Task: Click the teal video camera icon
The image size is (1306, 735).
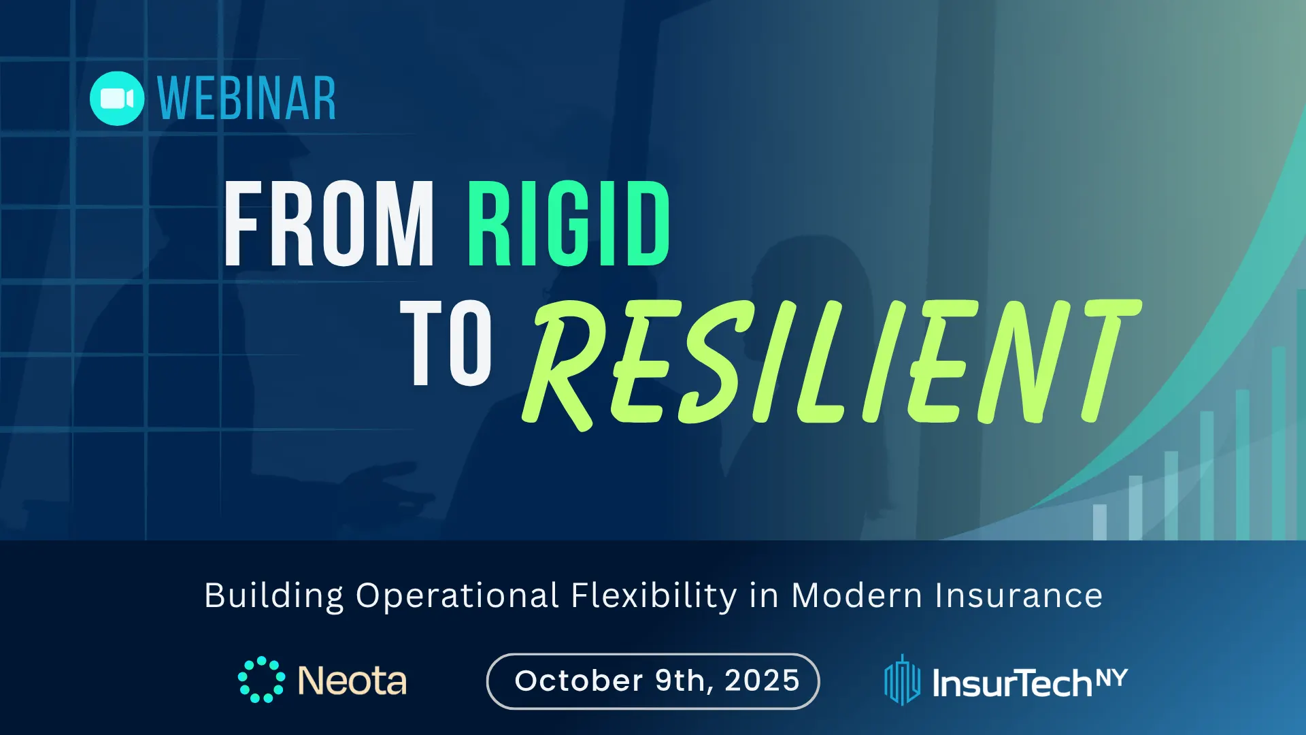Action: click(117, 99)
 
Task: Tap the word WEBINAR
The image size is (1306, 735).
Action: click(247, 99)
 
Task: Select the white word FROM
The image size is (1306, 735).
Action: click(329, 224)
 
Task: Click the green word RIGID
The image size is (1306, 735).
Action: click(569, 224)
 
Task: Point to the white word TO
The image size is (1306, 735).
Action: click(446, 343)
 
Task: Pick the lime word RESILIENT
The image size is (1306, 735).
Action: click(831, 363)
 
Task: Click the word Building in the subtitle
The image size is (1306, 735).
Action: click(274, 596)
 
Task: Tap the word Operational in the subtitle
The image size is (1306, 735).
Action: click(458, 597)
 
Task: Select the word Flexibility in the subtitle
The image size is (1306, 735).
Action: click(654, 597)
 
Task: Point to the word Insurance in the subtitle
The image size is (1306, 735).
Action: click(1019, 595)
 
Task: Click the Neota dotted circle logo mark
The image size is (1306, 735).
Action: click(262, 680)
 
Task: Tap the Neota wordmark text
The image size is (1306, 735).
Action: click(352, 681)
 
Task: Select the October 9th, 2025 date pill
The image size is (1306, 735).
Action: click(653, 681)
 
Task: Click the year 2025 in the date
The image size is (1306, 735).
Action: click(762, 681)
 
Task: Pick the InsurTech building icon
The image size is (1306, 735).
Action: click(902, 681)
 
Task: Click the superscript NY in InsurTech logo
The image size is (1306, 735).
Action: click(1111, 678)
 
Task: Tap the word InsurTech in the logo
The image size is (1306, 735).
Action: click(1012, 683)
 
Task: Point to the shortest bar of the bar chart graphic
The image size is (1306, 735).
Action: click(1100, 522)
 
